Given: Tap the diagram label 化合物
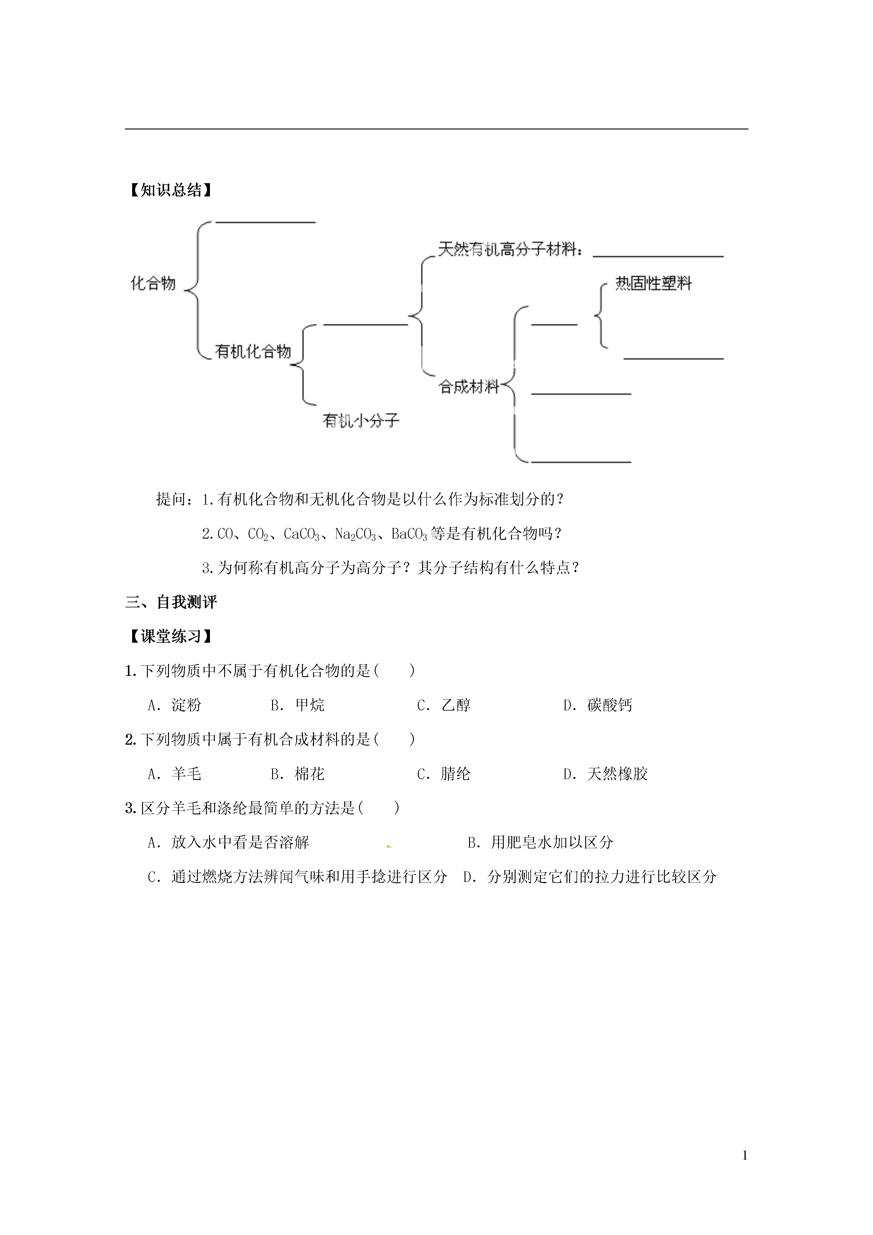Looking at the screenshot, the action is coord(153,283).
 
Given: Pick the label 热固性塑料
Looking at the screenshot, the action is coord(653,283).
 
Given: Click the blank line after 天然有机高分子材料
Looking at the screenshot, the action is coord(658,256).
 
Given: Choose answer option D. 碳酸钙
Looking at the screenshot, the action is coord(598,705).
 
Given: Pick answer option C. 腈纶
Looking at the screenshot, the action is coord(444,774).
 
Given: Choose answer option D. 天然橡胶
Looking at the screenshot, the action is coord(605,774).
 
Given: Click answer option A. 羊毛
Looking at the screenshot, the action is coord(174,774).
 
